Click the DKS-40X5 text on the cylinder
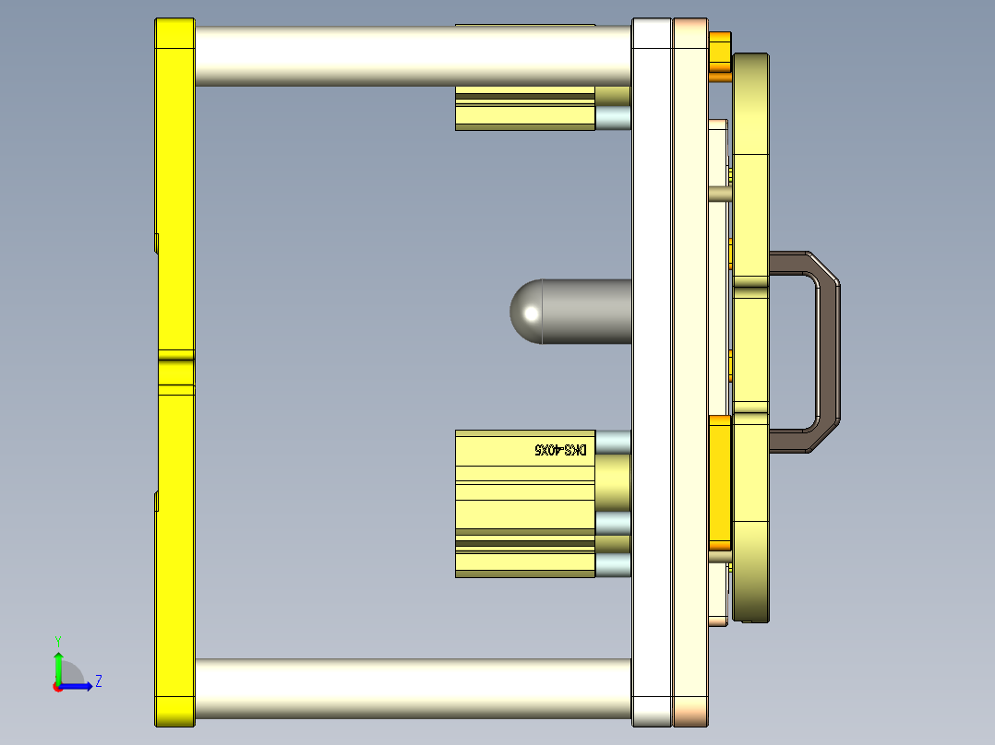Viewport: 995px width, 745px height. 561,450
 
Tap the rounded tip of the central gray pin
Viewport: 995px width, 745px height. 526,313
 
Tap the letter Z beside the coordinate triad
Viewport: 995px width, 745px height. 98,681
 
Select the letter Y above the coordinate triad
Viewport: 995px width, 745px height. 57,640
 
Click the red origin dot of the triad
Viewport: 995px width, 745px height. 57,686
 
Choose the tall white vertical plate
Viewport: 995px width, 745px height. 652,369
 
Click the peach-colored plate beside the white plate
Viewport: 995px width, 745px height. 689,369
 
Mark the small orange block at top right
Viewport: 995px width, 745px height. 720,55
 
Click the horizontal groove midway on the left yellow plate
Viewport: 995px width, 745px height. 174,372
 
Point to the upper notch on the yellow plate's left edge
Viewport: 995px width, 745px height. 157,242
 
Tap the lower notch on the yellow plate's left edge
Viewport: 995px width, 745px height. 157,501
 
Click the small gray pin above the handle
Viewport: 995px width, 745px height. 720,194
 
